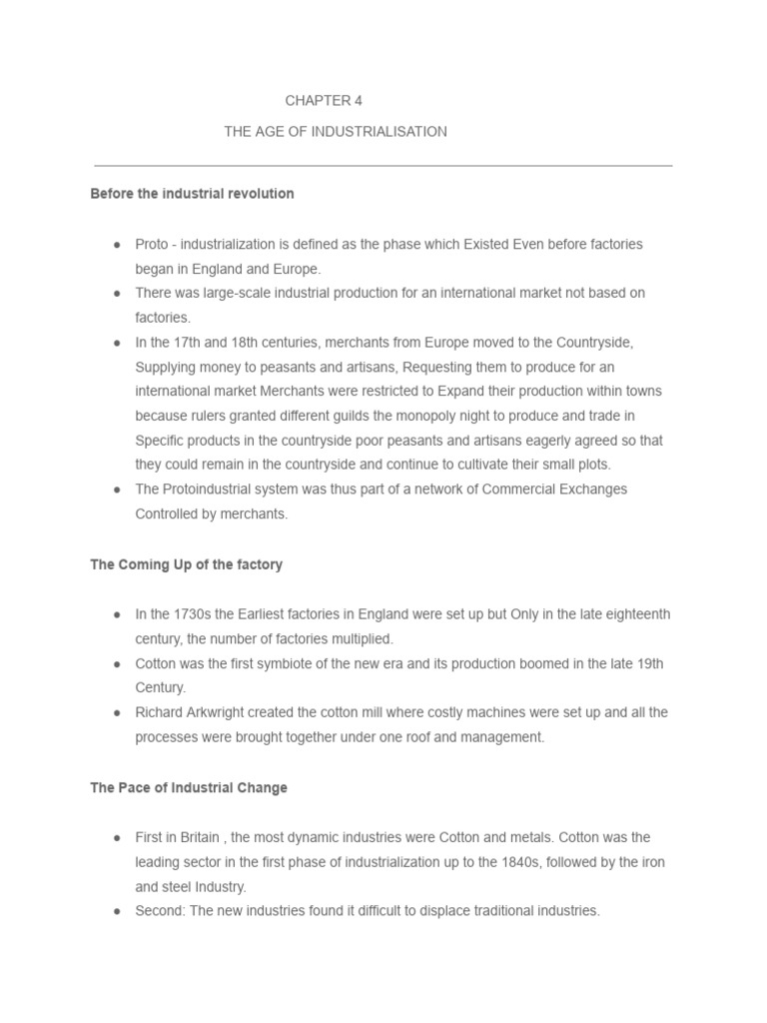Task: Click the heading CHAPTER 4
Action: [x=318, y=101]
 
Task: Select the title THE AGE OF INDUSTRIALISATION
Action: [x=336, y=132]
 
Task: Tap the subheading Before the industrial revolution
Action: [x=192, y=194]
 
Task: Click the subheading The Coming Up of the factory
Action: [x=186, y=564]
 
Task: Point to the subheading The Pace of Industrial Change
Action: [x=189, y=787]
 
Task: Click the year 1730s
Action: [x=190, y=613]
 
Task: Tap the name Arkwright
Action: [x=222, y=712]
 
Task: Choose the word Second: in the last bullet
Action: [x=161, y=910]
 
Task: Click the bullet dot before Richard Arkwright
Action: [x=117, y=713]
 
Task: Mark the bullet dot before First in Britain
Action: [x=117, y=837]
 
